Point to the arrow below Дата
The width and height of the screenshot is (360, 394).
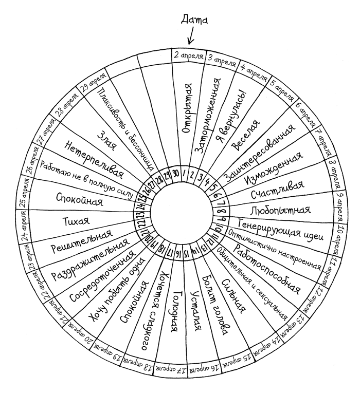pos(191,36)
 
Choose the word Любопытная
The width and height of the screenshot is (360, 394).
pos(280,210)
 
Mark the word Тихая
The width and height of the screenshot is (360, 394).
pos(75,222)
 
